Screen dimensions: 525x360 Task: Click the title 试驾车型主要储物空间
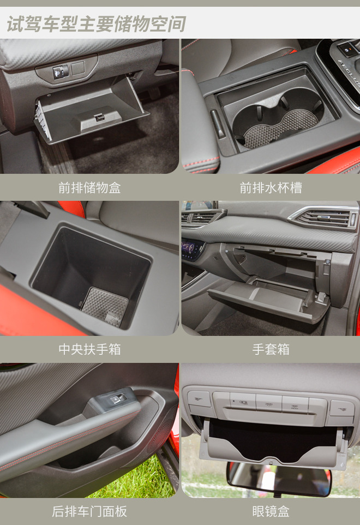pyautogui.click(x=96, y=25)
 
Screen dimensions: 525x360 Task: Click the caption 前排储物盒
pyautogui.click(x=89, y=188)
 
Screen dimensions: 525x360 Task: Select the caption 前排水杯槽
pyautogui.click(x=271, y=188)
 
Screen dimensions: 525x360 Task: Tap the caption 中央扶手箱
pyautogui.click(x=89, y=350)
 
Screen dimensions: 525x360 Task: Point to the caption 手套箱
pyautogui.click(x=271, y=350)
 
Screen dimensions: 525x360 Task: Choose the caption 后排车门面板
pyautogui.click(x=89, y=511)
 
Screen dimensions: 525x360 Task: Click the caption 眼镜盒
pyautogui.click(x=271, y=511)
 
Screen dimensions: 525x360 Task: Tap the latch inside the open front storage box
pyautogui.click(x=99, y=117)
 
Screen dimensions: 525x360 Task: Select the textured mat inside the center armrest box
pyautogui.click(x=105, y=306)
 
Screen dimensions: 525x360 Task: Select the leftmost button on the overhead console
pyautogui.click(x=199, y=398)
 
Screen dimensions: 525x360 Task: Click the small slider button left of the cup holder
pyautogui.click(x=218, y=124)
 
